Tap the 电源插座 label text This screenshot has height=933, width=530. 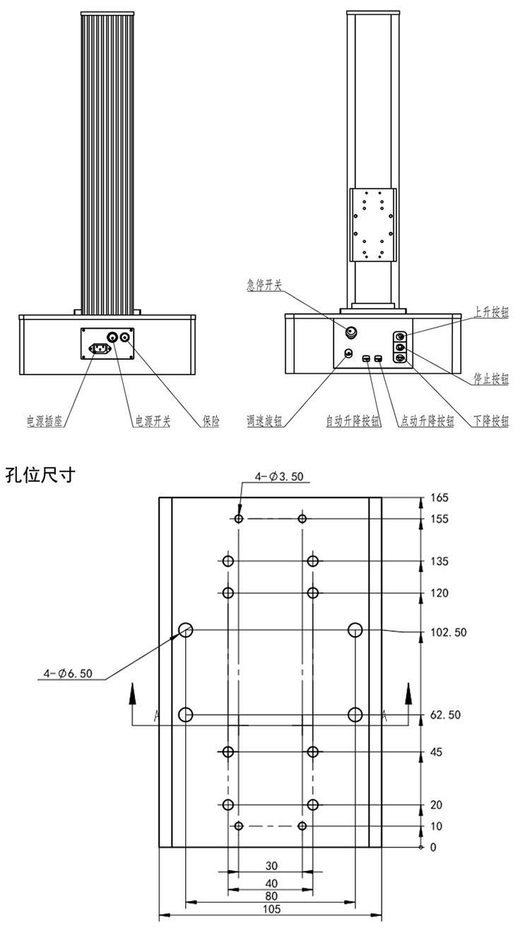point(45,421)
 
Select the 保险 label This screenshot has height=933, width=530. point(210,421)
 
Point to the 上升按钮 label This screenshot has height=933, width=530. point(490,312)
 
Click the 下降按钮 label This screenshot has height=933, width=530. point(490,421)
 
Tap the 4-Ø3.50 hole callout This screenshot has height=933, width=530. point(279,476)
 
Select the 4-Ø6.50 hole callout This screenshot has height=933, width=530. point(68,674)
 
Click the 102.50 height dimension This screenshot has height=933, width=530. point(448,632)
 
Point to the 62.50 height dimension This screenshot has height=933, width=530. point(445,715)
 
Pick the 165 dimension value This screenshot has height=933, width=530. point(439,498)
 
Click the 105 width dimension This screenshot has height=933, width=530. point(271,910)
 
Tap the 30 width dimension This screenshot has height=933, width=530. point(271,865)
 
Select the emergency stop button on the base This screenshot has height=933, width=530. point(351,331)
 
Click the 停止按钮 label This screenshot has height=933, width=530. point(490,380)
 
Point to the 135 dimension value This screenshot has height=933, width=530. point(439,562)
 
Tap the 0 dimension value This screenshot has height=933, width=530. point(434,847)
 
